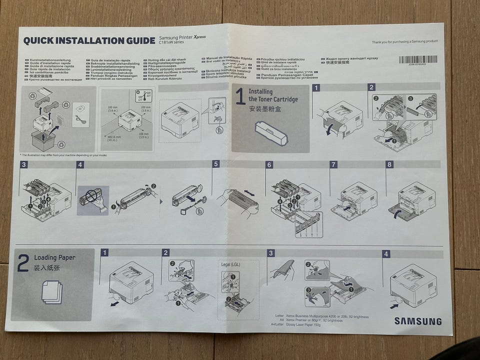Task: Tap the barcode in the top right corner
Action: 417,59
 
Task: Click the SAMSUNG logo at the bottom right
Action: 418,321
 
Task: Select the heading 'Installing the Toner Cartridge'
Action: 272,95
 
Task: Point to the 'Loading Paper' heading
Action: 54,257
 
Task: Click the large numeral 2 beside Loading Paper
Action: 23,263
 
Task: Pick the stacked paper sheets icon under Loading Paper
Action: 51,291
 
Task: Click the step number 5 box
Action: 216,164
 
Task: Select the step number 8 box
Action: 389,164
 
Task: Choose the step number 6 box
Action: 269,164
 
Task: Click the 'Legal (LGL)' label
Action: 230,263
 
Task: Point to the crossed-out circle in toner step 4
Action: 90,196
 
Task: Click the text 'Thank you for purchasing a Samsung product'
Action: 404,42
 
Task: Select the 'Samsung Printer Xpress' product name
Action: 182,37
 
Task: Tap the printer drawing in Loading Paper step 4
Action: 412,285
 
